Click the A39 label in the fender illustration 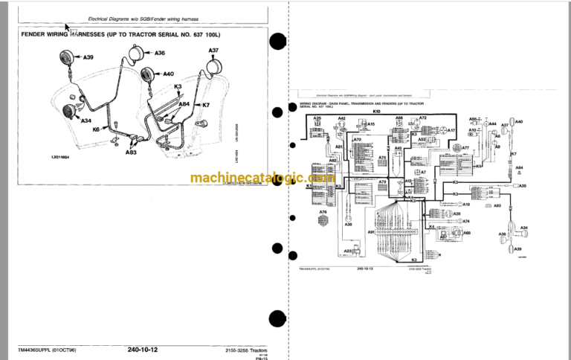(x=88, y=57)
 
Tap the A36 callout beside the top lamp (x=160, y=53)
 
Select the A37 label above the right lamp (x=213, y=51)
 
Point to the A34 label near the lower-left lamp (x=86, y=120)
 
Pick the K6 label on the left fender (x=97, y=129)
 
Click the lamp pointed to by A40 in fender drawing (x=145, y=75)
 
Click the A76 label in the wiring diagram (x=323, y=212)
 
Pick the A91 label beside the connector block (x=370, y=232)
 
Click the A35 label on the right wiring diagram (x=523, y=185)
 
